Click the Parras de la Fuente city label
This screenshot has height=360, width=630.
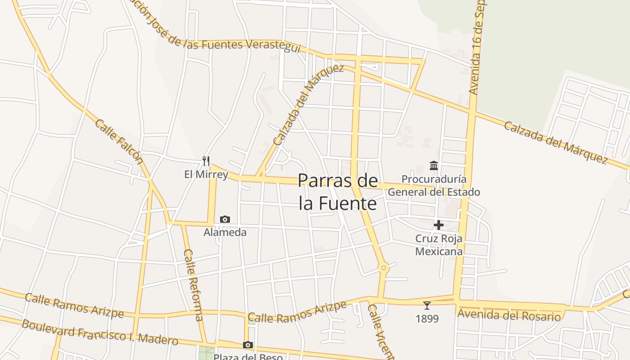click(x=337, y=192)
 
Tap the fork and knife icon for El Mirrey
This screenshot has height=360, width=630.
click(x=206, y=161)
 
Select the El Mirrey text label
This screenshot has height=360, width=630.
click(x=206, y=174)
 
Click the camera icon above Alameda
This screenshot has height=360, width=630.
click(x=225, y=219)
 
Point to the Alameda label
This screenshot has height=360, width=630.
click(x=225, y=232)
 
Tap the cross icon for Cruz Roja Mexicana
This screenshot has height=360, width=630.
click(x=439, y=225)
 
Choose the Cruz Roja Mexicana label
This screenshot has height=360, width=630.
click(x=439, y=245)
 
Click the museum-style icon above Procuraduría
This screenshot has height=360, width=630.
click(x=434, y=166)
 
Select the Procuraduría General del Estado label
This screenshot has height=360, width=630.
click(x=434, y=185)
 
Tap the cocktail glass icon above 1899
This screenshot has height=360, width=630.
click(x=427, y=306)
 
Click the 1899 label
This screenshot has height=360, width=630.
click(x=427, y=319)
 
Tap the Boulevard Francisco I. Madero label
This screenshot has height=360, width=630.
click(x=100, y=332)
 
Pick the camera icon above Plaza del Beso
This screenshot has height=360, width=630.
click(x=247, y=345)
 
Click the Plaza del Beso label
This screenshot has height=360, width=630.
click(x=248, y=357)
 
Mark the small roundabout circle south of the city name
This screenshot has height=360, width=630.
click(x=384, y=268)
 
